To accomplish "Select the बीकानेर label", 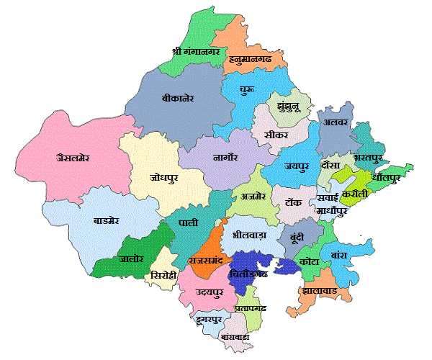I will [x=178, y=97].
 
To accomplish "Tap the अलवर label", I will [x=336, y=123].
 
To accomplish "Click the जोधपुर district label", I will [x=164, y=176].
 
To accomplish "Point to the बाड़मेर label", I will [x=111, y=220].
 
